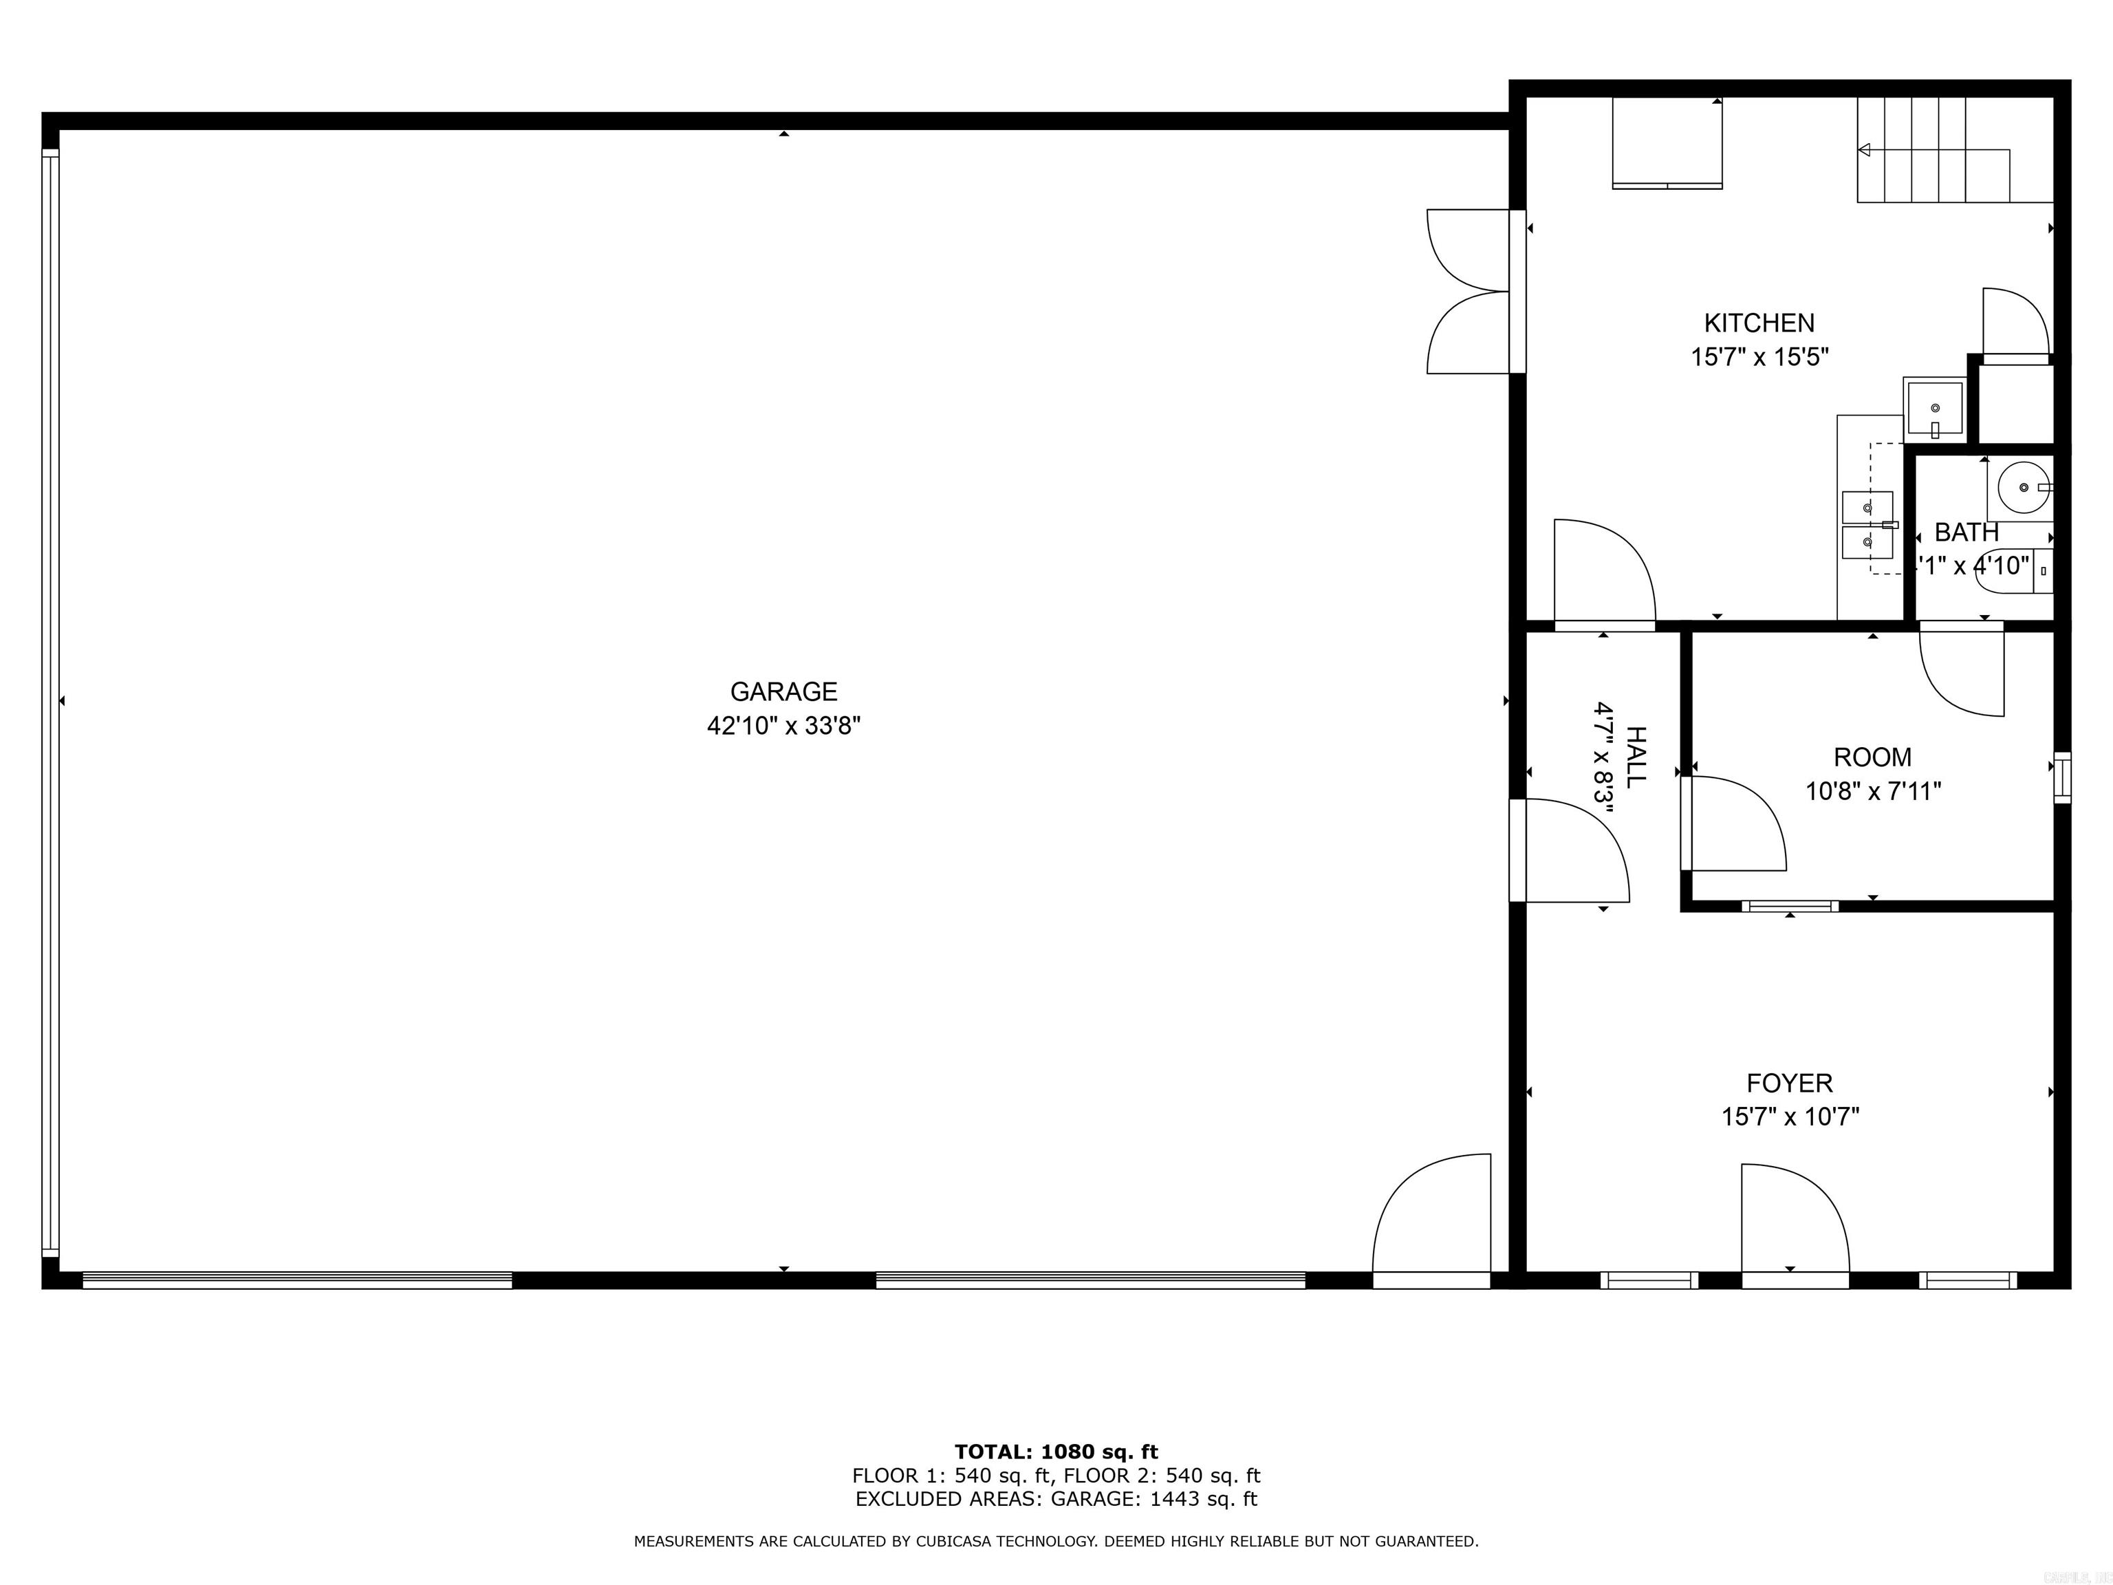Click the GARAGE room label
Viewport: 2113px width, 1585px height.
coord(783,691)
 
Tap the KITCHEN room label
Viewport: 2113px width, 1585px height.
coord(1759,323)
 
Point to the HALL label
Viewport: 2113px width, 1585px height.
coord(1636,757)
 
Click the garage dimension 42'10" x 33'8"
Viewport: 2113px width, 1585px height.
coord(783,726)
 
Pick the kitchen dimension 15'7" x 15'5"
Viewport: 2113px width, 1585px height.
coord(1759,357)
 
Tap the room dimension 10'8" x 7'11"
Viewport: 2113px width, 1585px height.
coord(1872,792)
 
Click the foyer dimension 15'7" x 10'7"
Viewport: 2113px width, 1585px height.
coord(1789,1117)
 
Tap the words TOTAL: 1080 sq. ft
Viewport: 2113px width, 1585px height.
coord(1056,1453)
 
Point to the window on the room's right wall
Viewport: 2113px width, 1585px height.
coord(2061,777)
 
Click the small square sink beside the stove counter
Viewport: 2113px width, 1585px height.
coord(1933,409)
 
